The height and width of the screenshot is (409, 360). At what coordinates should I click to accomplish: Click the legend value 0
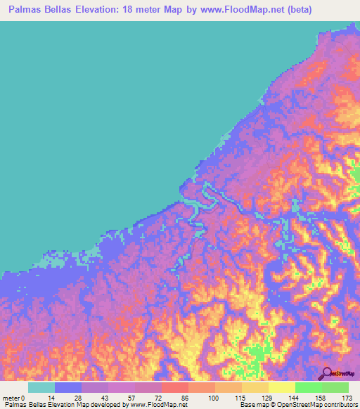(22, 398)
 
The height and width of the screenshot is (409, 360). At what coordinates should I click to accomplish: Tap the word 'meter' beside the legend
(11, 398)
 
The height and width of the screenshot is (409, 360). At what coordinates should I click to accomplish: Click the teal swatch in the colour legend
(41, 387)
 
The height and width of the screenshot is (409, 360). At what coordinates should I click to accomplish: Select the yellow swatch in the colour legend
(282, 387)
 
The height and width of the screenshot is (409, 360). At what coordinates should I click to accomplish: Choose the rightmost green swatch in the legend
(335, 387)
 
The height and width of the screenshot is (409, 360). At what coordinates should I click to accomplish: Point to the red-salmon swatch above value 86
(175, 387)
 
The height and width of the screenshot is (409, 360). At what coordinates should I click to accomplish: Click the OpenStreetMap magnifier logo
(326, 373)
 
